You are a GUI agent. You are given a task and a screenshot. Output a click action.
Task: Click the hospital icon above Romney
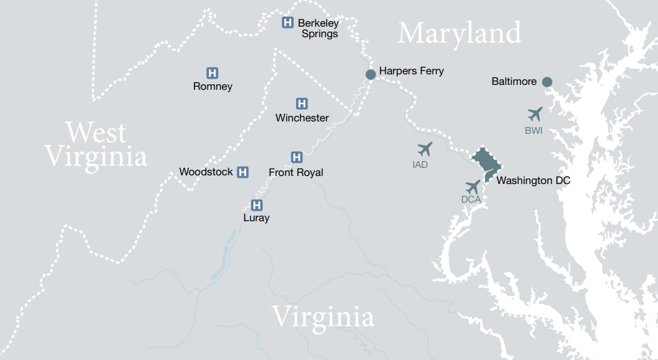[x=212, y=73]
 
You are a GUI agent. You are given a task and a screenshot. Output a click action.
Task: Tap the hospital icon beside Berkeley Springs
[x=287, y=22]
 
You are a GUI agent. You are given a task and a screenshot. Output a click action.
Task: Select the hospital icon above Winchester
[x=302, y=103]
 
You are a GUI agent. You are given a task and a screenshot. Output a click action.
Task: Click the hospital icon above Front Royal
[x=297, y=157]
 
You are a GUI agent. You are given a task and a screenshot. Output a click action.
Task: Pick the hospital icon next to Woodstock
[x=243, y=172]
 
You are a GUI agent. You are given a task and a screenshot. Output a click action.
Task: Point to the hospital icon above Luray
[x=257, y=205]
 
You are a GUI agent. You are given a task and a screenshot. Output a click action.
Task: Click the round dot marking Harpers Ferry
[x=371, y=74]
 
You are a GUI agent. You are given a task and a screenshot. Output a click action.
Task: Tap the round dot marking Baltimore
[x=547, y=82]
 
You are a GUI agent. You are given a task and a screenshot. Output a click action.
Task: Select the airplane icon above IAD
[x=424, y=149]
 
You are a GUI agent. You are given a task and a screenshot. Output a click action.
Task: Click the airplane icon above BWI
[x=535, y=115]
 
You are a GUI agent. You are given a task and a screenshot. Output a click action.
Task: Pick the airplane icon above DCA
[x=472, y=186]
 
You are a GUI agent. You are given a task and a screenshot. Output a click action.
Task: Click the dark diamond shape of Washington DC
[x=486, y=162]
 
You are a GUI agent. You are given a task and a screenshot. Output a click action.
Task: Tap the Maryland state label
[x=459, y=33]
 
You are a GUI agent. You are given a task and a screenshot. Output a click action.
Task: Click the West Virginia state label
[x=96, y=144]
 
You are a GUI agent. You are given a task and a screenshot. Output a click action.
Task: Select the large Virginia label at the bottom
[x=323, y=317]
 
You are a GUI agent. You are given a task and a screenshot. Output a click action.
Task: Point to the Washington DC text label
[x=533, y=181]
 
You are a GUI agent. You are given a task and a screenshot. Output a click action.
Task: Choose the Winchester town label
[x=302, y=118]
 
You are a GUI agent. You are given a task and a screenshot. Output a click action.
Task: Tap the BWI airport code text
[x=534, y=131]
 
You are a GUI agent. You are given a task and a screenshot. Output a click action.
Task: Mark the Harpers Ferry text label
[x=411, y=71]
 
